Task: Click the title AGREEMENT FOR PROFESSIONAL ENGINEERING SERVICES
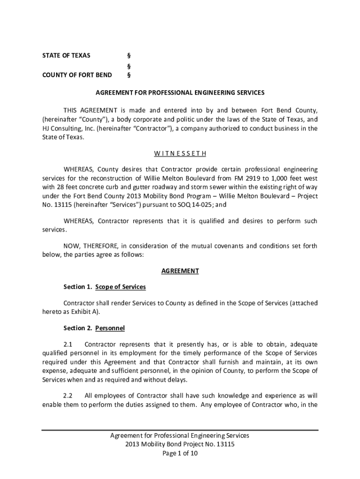pos(180,93)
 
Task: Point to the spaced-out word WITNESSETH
pos(180,153)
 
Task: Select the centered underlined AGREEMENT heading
pos(180,271)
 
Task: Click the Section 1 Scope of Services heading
pos(105,286)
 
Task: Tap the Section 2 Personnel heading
pos(94,328)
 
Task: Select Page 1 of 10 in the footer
pos(180,453)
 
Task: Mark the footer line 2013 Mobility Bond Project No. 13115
pos(180,444)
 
